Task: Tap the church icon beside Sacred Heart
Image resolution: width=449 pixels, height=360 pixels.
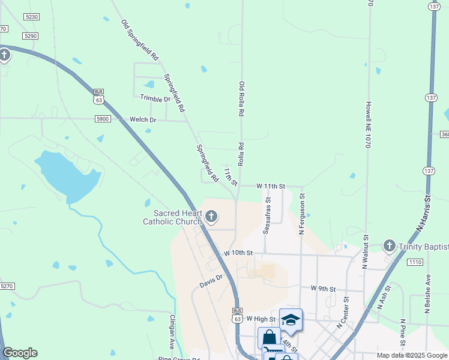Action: point(211,216)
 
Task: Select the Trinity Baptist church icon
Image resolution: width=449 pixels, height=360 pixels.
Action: point(389,246)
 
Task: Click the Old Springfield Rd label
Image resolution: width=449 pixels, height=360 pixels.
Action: point(139,40)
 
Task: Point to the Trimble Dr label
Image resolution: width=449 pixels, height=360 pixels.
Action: point(155,98)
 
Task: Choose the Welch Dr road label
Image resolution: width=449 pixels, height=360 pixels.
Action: point(143,120)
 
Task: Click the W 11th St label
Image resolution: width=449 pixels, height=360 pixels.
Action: point(270,187)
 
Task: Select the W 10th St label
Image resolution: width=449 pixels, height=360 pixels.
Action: point(238,253)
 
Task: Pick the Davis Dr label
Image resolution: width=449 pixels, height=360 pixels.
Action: point(211,280)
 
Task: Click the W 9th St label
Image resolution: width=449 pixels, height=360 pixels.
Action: point(323,289)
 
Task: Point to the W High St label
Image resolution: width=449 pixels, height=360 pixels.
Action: point(260,319)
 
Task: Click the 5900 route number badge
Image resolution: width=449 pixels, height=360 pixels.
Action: point(103,119)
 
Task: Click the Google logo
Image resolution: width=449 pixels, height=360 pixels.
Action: point(20,353)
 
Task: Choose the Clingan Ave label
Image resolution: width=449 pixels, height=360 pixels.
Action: point(172,332)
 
